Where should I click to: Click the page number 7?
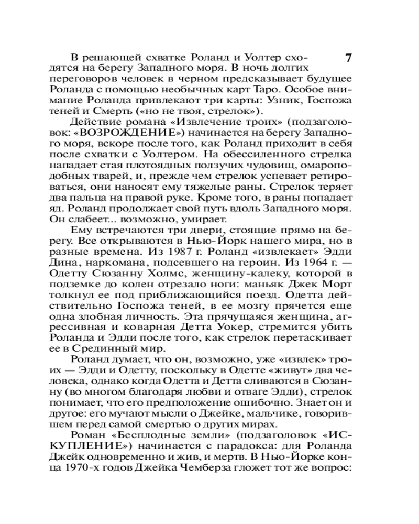(x=349, y=58)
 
